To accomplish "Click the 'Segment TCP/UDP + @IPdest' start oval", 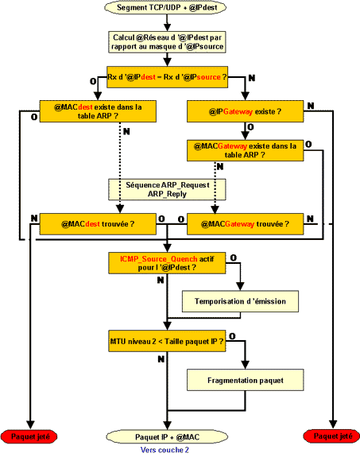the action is [165, 8].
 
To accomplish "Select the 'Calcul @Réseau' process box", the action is [167, 42].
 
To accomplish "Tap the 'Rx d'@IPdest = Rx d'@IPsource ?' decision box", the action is [167, 77].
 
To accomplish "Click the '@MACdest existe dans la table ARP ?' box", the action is [98, 111].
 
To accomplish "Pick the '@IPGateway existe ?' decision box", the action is [245, 111].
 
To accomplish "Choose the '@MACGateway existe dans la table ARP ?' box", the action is [245, 150].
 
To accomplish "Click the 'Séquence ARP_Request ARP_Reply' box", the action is [167, 189].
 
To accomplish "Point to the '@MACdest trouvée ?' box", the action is [98, 224].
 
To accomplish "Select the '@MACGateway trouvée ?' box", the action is [245, 224].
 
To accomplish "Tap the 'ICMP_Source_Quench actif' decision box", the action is [167, 263].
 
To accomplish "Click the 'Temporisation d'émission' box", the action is [240, 301].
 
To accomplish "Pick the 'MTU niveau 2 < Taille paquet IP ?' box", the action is [167, 341].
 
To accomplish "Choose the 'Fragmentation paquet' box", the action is [245, 380].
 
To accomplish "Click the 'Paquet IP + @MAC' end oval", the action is [167, 437].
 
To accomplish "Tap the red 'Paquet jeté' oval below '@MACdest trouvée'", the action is [29, 436].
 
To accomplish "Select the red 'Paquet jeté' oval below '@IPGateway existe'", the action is [332, 436].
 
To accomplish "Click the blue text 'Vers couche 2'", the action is [165, 450].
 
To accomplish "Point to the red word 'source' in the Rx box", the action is [209, 77].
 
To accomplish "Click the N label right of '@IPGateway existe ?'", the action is [311, 106].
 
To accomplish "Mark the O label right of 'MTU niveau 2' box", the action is [232, 336].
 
